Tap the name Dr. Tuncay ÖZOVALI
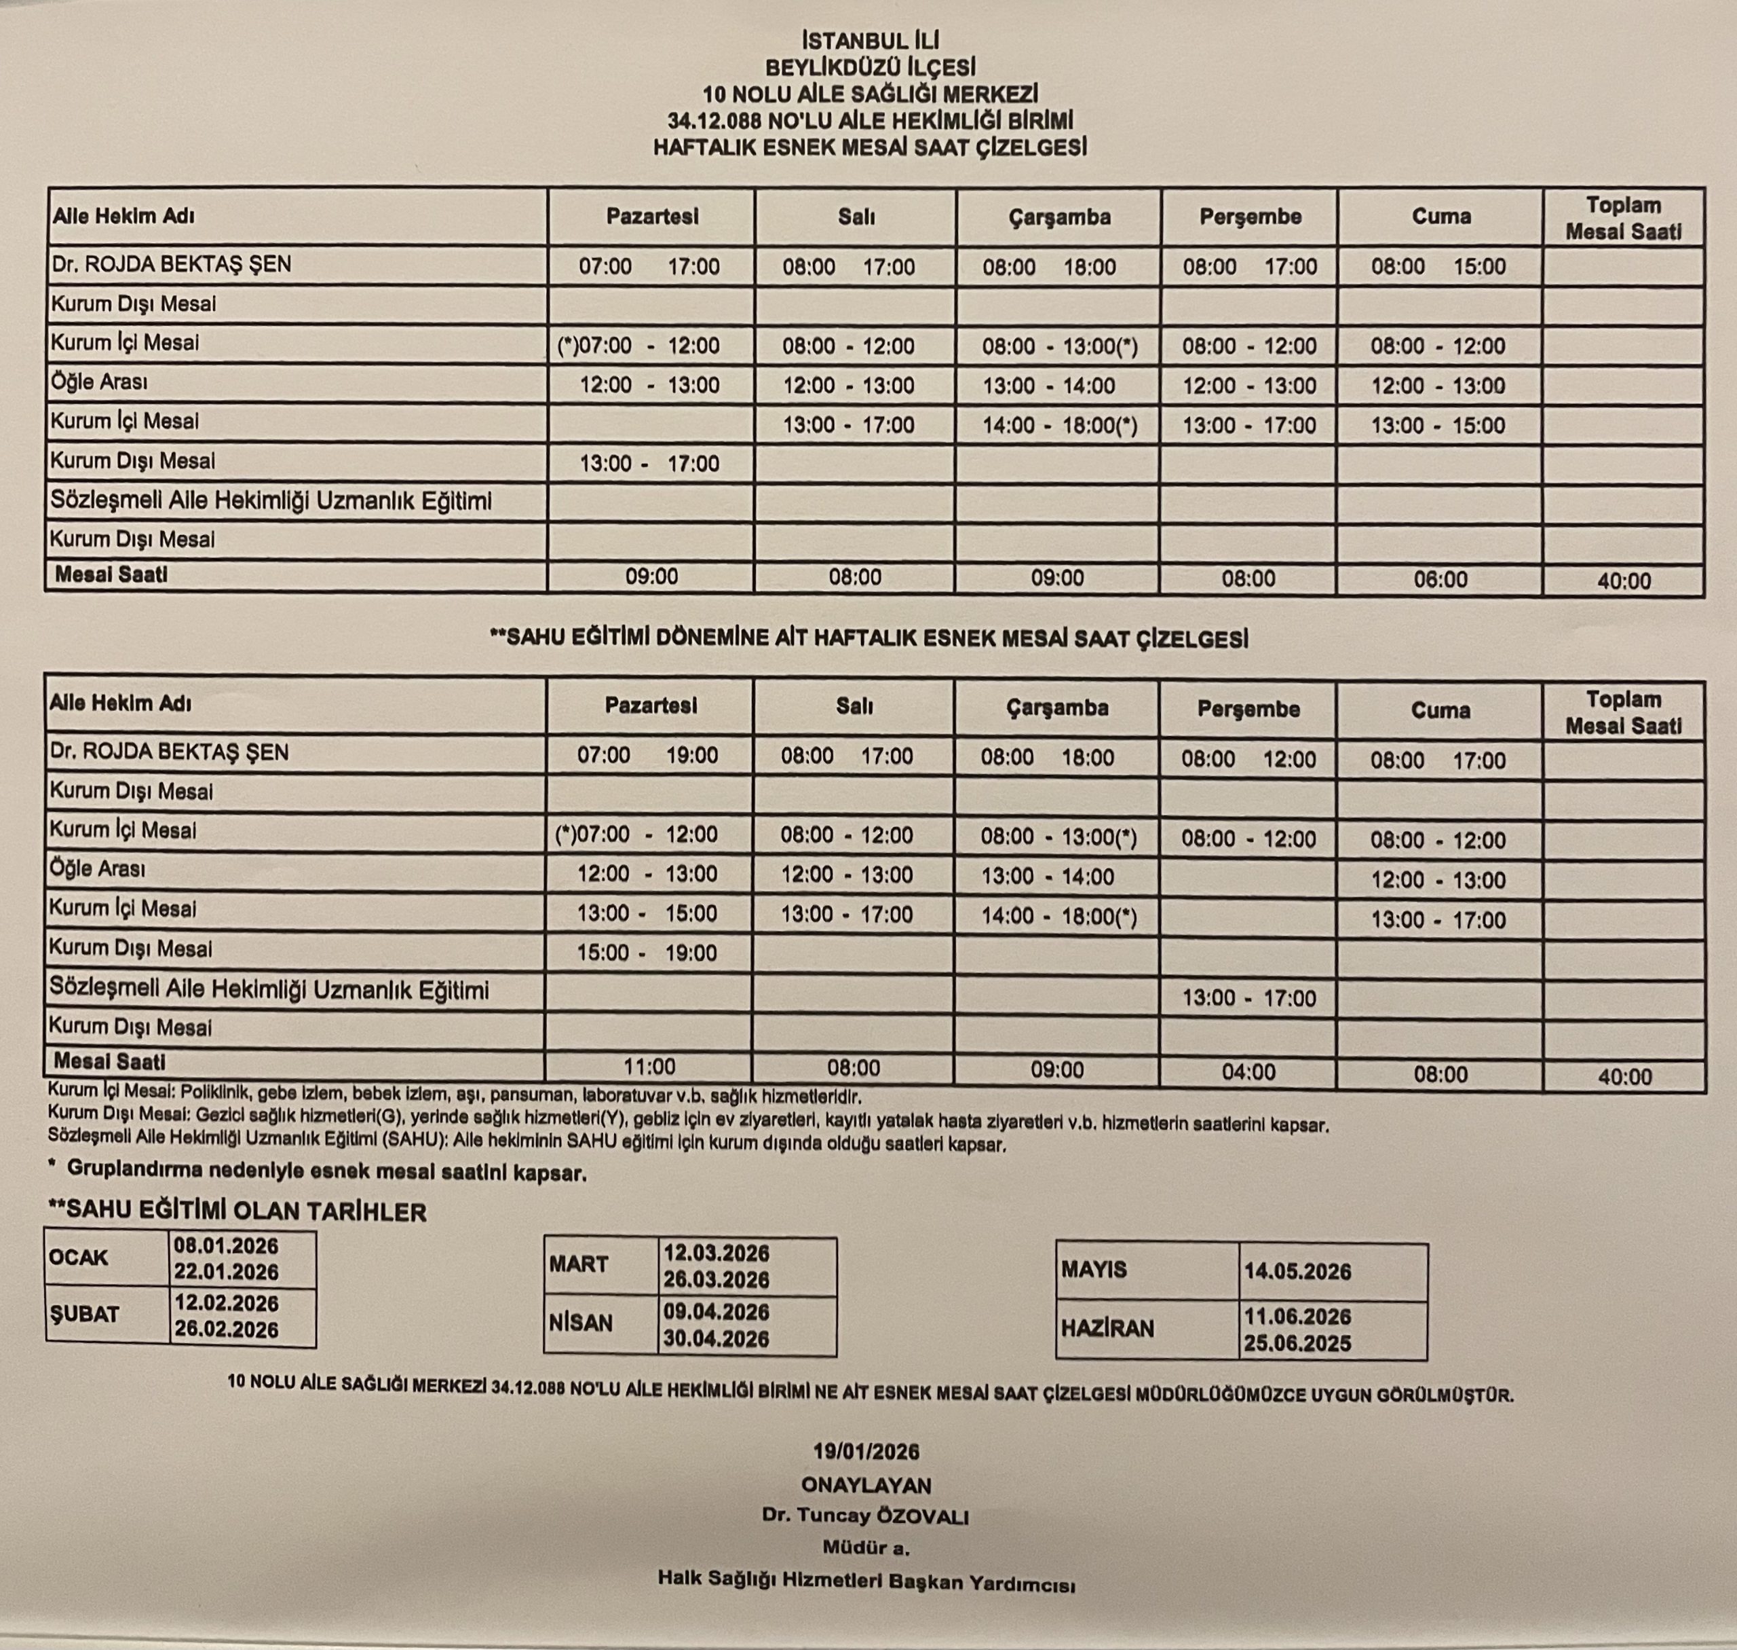866,1516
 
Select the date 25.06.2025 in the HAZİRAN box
1297,1344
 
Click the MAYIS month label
1094,1270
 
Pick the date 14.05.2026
1297,1271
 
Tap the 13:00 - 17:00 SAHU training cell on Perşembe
1248,998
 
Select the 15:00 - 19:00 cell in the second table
647,953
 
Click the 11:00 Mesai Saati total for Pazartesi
649,1067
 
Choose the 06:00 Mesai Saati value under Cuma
1440,580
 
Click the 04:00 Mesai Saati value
1248,1071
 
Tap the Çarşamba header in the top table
1058,217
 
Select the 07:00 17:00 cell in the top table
649,266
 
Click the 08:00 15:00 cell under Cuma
1439,266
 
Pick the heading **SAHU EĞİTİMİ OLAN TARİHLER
237,1212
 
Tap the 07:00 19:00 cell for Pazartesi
648,756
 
